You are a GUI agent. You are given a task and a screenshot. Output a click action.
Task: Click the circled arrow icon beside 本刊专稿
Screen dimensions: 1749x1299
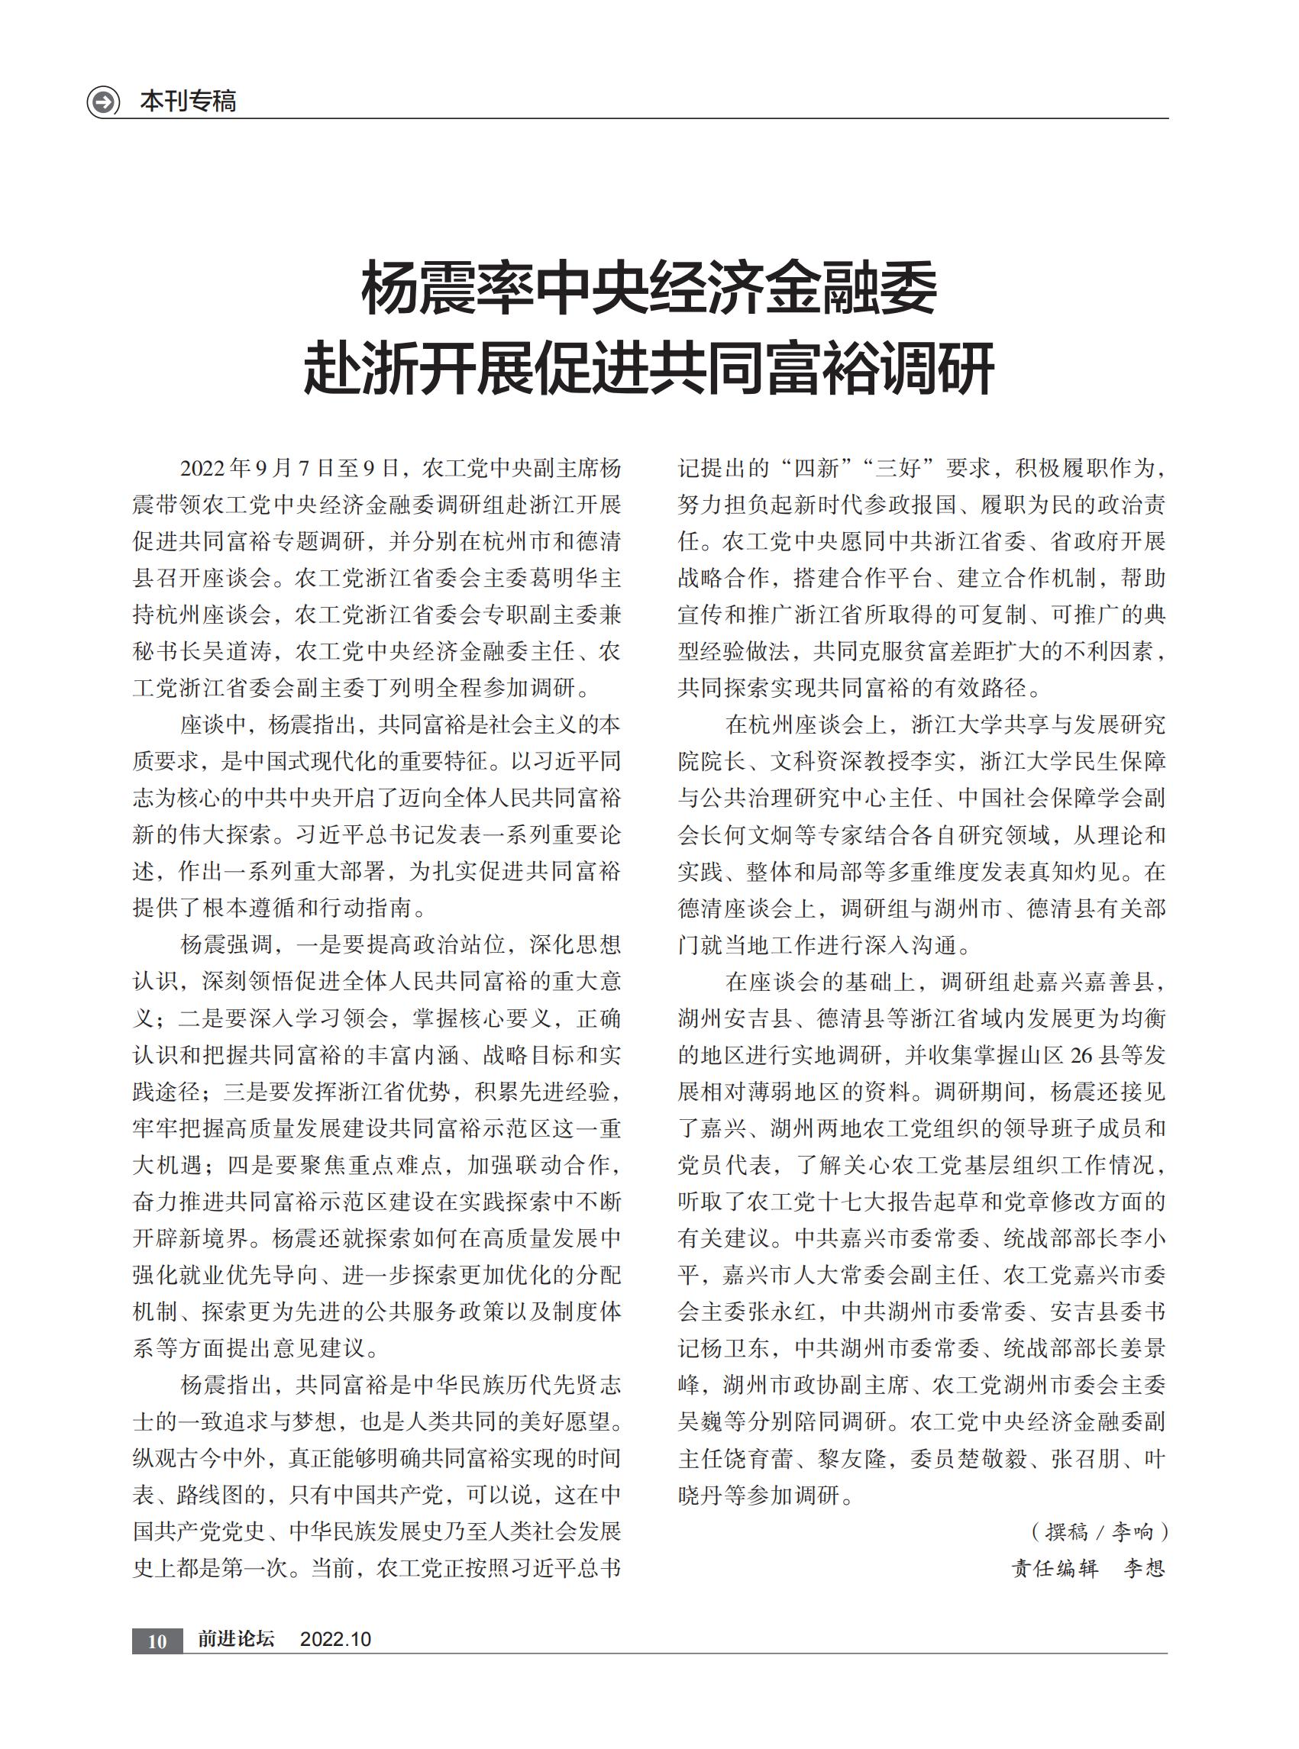(x=103, y=102)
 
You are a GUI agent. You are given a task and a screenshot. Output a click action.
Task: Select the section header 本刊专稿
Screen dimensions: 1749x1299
(x=188, y=102)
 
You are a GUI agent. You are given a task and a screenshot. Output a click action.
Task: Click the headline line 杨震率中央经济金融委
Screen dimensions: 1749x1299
(x=648, y=289)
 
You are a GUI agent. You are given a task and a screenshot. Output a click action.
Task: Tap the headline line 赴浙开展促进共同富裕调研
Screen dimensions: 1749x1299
(x=648, y=367)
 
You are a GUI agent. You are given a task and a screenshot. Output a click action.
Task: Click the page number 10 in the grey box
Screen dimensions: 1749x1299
(x=157, y=1641)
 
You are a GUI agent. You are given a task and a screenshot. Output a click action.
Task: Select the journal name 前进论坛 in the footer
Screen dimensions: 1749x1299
(x=236, y=1639)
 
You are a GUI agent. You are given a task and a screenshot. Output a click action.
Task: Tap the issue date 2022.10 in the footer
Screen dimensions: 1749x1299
(x=336, y=1639)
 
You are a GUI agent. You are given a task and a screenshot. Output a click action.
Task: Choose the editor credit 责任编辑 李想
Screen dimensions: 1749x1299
(x=1087, y=1568)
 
